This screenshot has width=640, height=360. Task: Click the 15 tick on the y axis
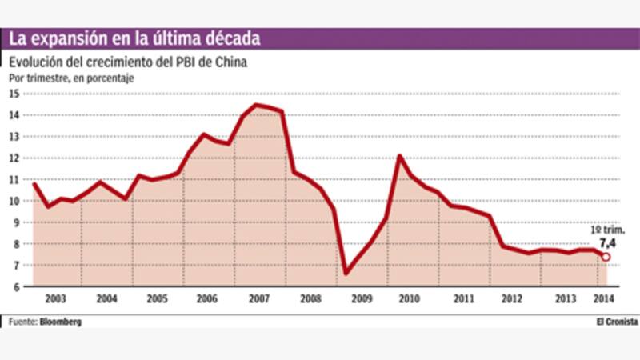[x=14, y=94]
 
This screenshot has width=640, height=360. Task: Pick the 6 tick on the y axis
[x=16, y=286]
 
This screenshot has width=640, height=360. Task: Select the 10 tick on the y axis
[x=14, y=201]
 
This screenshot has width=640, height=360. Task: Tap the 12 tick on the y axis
[x=14, y=158]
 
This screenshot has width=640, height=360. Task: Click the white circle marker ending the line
[x=606, y=257]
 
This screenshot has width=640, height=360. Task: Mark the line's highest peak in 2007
[x=256, y=105]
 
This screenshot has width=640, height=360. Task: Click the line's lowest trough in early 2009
[x=346, y=273]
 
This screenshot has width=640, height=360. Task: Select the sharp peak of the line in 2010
[x=398, y=156]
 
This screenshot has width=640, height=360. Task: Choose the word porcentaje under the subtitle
[x=110, y=78]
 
